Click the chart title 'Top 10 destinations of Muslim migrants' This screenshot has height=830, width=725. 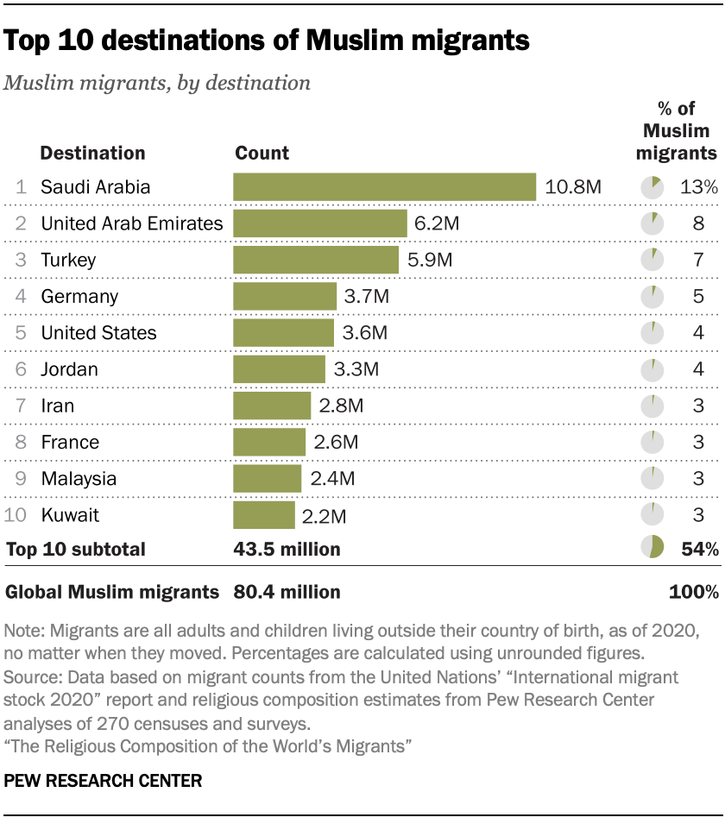268,40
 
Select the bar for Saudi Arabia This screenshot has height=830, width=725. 385,187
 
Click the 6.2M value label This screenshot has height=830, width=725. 437,223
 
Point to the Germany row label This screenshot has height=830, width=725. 79,297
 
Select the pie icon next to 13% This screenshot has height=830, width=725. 652,187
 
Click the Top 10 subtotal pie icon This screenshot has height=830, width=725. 652,548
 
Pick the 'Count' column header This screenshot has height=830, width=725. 262,154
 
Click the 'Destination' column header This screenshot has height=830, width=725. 93,154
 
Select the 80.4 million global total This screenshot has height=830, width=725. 287,592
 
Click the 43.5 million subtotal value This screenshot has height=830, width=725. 287,549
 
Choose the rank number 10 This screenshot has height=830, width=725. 16,516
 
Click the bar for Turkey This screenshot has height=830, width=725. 316,260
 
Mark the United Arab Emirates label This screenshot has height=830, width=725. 132,223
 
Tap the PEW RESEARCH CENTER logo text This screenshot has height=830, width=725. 104,781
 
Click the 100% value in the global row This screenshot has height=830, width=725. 694,592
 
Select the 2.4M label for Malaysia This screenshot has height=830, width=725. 331,479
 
